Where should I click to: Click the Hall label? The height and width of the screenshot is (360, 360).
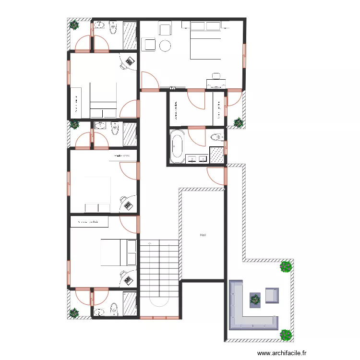click(x=204, y=235)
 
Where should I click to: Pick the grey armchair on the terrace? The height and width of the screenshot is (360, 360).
click(x=272, y=295)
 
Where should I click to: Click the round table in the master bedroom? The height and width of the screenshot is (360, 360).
click(x=165, y=46)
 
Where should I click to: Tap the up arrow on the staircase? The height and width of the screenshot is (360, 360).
click(x=151, y=244)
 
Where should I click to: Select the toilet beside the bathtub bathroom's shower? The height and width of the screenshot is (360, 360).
click(x=215, y=138)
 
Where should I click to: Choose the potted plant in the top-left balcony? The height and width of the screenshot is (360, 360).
click(x=74, y=25)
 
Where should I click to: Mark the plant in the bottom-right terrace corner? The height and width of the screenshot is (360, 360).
click(x=286, y=334)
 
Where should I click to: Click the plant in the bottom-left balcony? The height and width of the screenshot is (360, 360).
click(x=74, y=313)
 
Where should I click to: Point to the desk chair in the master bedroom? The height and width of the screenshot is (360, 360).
click(x=216, y=75)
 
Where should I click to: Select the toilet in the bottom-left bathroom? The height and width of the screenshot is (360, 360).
click(x=114, y=308)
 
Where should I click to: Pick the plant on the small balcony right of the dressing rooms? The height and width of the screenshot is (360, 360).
click(x=238, y=122)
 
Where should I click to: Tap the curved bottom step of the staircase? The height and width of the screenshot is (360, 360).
click(x=159, y=302)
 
